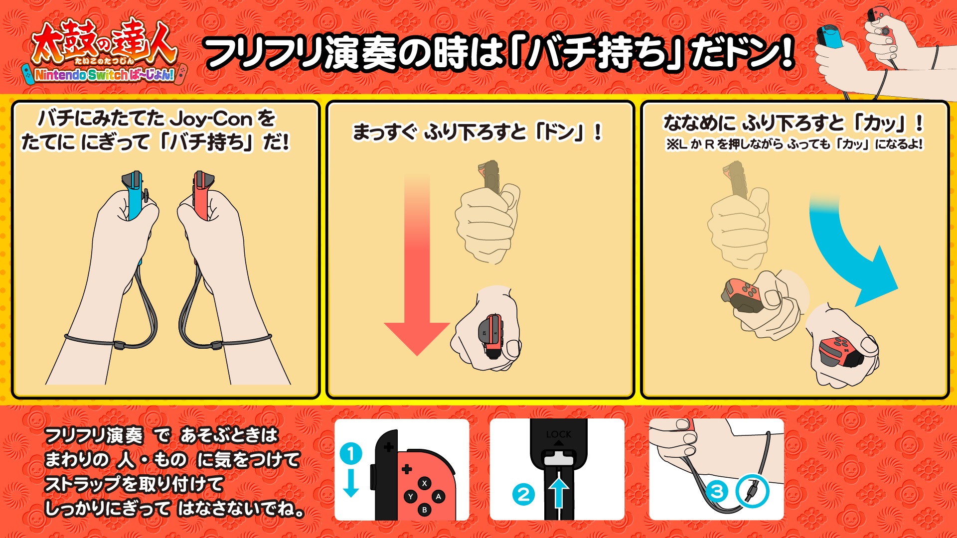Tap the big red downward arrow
[x=417, y=264]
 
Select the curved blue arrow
[x=852, y=249]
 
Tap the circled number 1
[x=351, y=454]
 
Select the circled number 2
[x=523, y=495]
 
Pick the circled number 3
[x=717, y=492]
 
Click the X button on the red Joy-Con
[x=425, y=483]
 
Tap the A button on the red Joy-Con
[x=438, y=497]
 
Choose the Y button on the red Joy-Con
[x=411, y=497]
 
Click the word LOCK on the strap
[x=559, y=434]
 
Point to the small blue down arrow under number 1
[x=351, y=483]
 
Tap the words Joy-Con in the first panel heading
[x=211, y=119]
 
